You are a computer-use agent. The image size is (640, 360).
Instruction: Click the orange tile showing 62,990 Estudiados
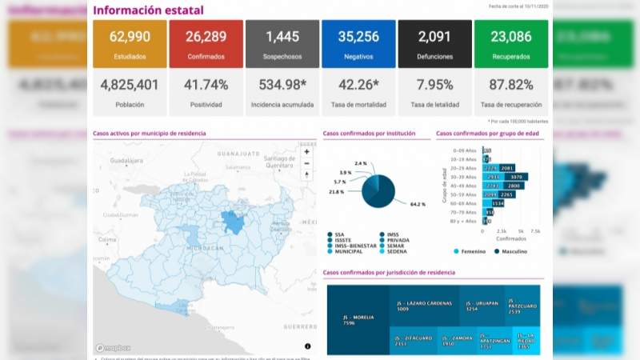click(130, 44)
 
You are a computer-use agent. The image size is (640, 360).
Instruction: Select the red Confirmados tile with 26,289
click(206, 44)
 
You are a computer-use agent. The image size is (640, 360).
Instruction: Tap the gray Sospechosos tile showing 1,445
click(282, 44)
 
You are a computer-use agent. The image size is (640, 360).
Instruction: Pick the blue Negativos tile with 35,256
click(358, 44)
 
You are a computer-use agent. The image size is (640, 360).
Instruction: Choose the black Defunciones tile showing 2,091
click(434, 44)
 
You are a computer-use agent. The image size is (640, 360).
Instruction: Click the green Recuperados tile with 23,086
click(510, 44)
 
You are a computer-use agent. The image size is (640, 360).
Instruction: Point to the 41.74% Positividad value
click(206, 85)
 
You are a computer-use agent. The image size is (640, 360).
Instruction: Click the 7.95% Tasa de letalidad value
click(434, 85)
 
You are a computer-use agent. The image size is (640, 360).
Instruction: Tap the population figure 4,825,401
click(130, 85)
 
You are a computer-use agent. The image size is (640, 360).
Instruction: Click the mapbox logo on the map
click(113, 348)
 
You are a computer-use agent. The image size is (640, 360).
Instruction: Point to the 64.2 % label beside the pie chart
click(417, 205)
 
